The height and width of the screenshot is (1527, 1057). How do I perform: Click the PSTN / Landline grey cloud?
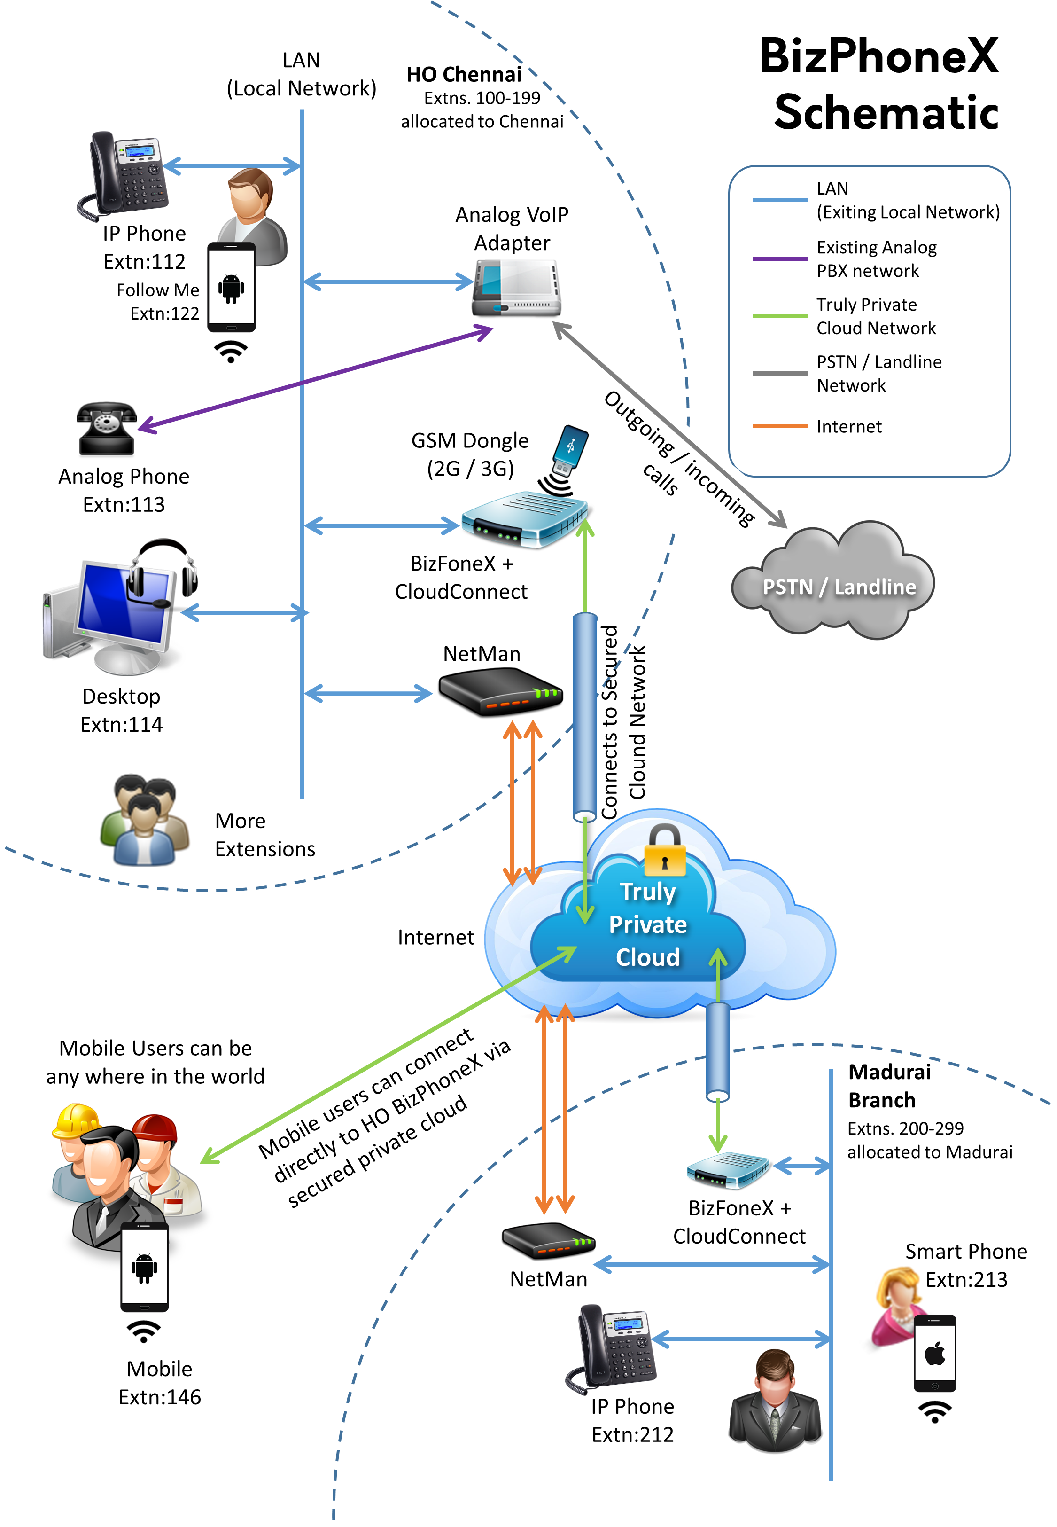click(833, 583)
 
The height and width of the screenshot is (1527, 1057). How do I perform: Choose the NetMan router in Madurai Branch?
click(548, 1241)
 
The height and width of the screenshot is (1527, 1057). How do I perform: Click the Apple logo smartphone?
click(934, 1353)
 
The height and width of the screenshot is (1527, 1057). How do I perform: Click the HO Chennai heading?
click(464, 74)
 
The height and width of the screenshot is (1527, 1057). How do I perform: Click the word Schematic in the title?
click(886, 113)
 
